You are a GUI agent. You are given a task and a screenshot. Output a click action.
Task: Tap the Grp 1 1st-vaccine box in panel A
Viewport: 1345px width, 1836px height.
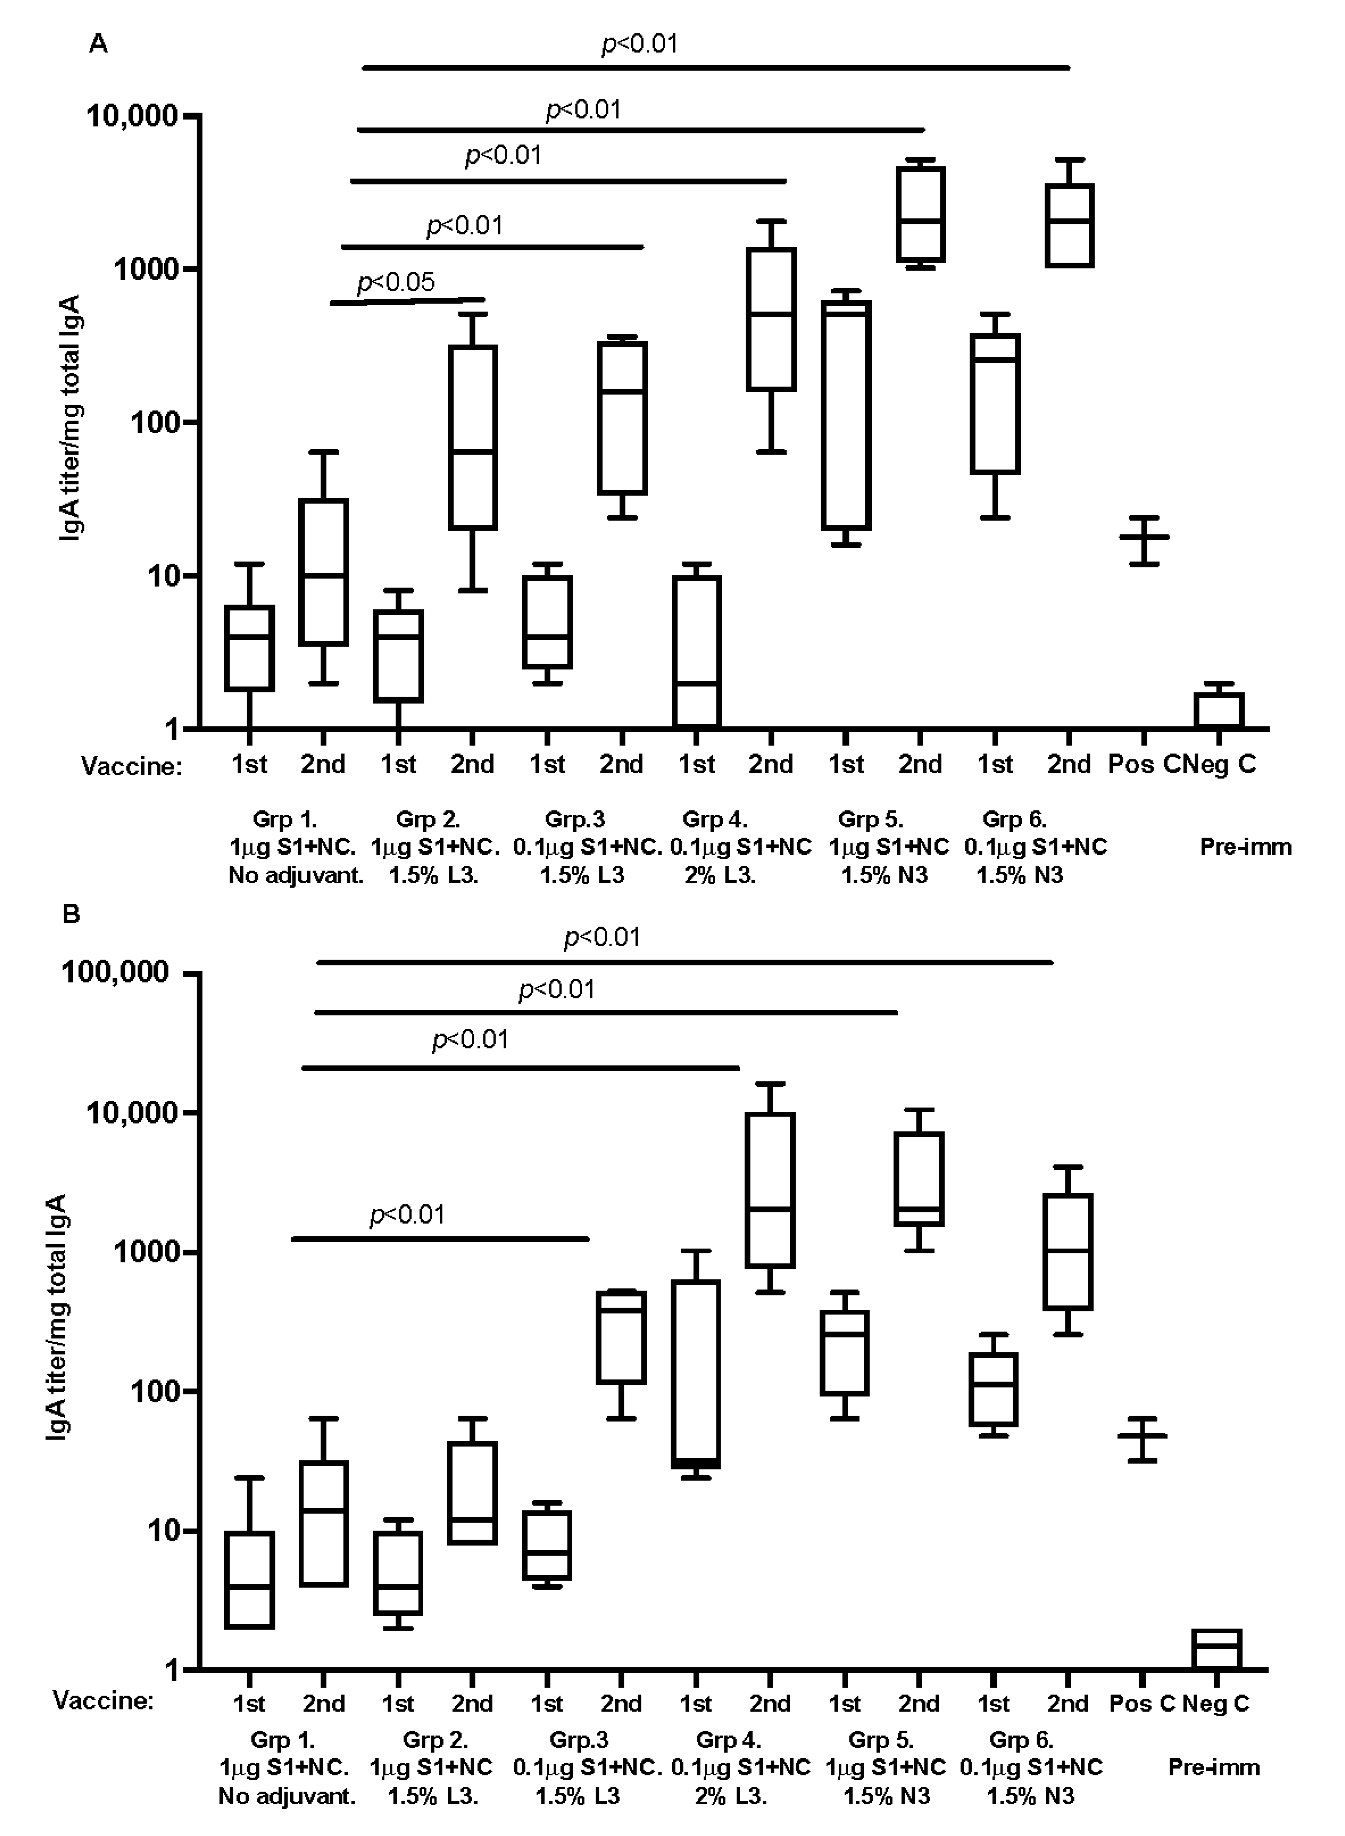tap(249, 648)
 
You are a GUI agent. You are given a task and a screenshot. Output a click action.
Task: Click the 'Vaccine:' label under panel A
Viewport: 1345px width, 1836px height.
tap(131, 766)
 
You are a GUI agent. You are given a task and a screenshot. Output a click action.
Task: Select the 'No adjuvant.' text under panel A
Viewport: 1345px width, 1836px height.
tap(296, 876)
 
